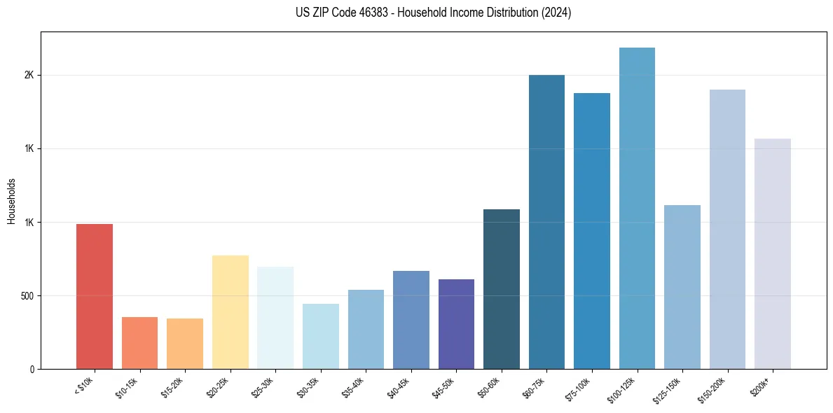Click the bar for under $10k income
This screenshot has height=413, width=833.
tap(95, 296)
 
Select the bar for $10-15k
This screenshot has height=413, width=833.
tap(139, 343)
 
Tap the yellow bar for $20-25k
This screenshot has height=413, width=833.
tap(230, 312)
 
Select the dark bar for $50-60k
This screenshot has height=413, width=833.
tap(501, 289)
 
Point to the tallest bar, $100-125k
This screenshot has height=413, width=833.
tap(637, 208)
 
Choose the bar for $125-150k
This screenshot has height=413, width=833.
tap(682, 287)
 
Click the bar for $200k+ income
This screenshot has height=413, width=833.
tap(772, 253)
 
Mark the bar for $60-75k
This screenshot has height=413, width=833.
tap(546, 222)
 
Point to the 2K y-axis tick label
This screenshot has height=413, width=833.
tap(27, 76)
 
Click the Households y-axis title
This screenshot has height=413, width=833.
tap(11, 201)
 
